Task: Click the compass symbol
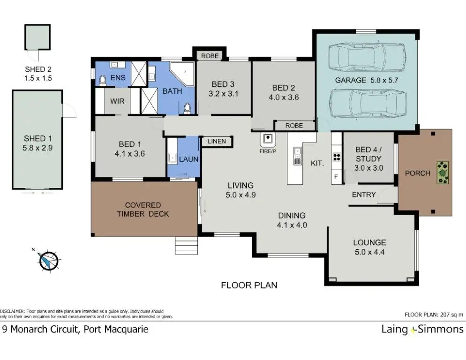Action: [x=48, y=261]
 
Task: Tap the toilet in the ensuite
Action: [x=103, y=80]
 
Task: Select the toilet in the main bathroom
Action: [x=187, y=108]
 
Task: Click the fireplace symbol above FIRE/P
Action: [x=268, y=139]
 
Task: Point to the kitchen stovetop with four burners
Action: [x=337, y=157]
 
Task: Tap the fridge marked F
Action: [x=336, y=177]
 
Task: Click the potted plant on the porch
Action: [x=443, y=172]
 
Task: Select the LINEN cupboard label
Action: [x=217, y=142]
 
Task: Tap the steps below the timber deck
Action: [x=186, y=245]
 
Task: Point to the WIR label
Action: [x=117, y=101]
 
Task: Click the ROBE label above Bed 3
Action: [x=210, y=56]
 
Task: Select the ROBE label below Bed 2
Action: [x=294, y=126]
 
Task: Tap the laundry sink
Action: [x=172, y=157]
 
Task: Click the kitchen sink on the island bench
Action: [x=297, y=156]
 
